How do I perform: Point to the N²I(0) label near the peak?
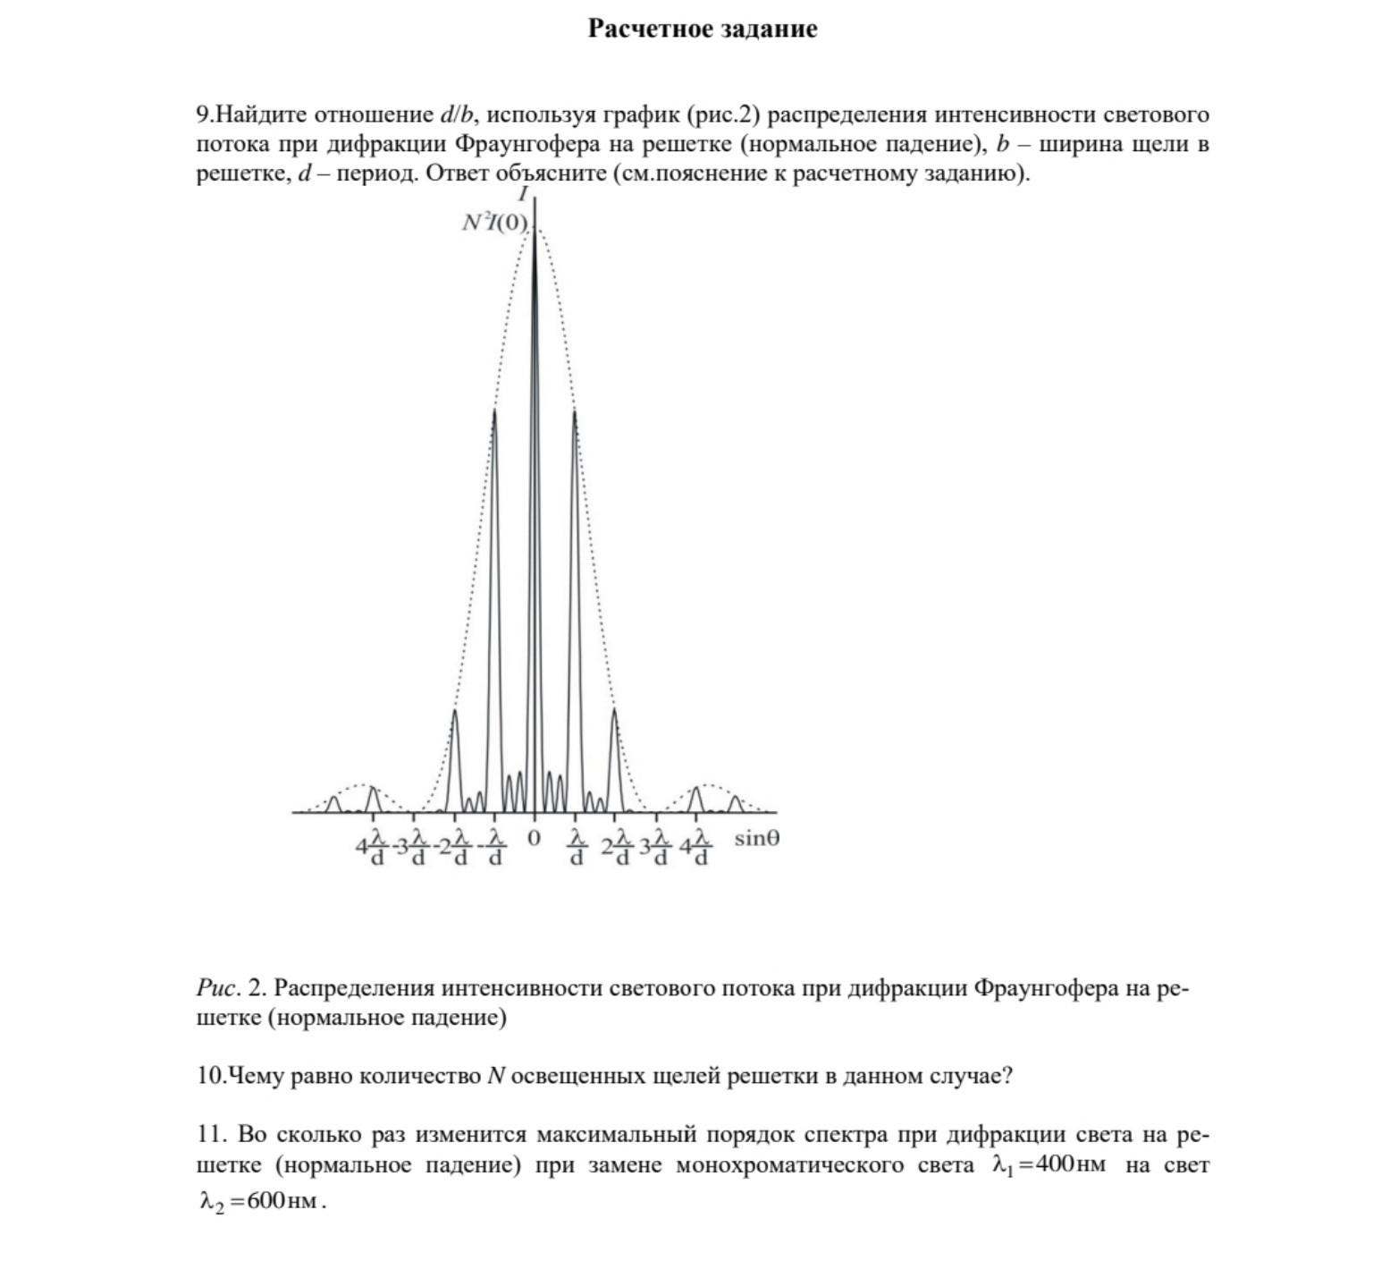click(x=494, y=223)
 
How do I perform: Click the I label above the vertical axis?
click(x=524, y=194)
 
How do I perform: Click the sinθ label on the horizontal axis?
click(x=756, y=839)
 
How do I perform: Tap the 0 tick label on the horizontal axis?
click(x=534, y=839)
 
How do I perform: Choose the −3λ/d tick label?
click(x=411, y=846)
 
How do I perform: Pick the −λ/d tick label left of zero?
click(x=493, y=846)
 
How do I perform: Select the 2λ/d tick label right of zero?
click(x=616, y=846)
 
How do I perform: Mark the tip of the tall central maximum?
click(x=535, y=224)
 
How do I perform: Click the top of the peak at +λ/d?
click(x=574, y=411)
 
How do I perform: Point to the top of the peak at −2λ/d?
click(x=455, y=711)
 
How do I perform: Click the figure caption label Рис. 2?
click(x=232, y=988)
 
